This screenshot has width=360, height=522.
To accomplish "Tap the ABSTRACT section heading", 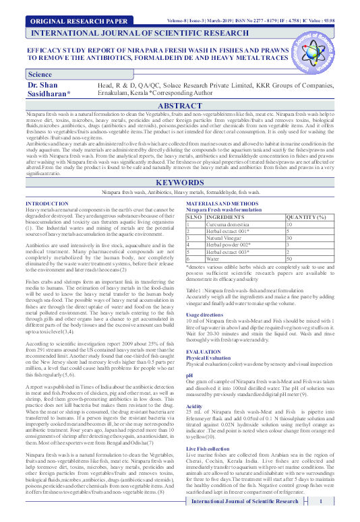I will click(x=180, y=106).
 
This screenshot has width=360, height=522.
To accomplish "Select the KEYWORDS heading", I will click(x=180, y=183).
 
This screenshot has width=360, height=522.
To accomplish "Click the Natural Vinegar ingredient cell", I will click(x=227, y=238).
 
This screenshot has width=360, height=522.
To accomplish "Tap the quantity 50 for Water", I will click(x=290, y=258).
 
